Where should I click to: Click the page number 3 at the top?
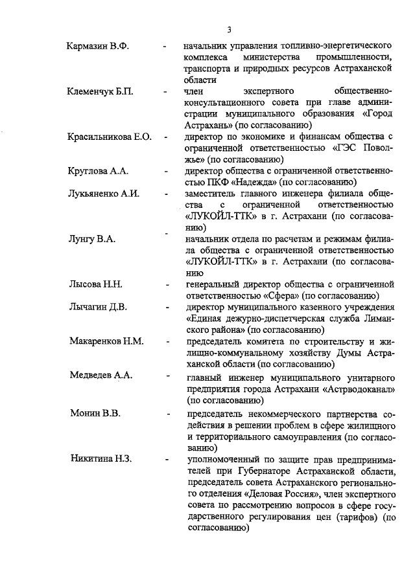(230, 28)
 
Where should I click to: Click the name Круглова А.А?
(99, 171)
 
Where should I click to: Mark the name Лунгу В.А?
(92, 239)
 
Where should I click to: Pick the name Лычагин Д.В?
(98, 307)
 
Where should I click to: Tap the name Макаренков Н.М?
(106, 341)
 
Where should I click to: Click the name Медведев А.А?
(101, 375)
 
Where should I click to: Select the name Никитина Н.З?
(101, 459)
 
